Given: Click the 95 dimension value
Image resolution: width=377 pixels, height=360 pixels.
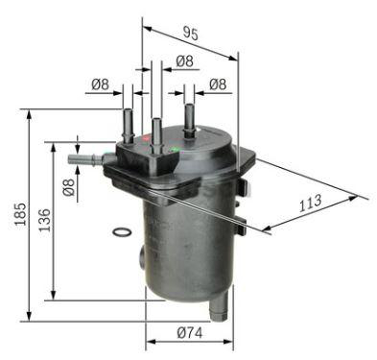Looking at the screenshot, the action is tap(191, 34).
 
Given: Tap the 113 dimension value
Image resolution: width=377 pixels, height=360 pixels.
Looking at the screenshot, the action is tap(310, 203).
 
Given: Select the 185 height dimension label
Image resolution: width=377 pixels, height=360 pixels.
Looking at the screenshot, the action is tap(20, 214).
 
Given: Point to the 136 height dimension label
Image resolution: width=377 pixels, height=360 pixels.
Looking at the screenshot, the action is tap(44, 220).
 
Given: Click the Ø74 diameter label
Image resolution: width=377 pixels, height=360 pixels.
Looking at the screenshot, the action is tap(190, 333).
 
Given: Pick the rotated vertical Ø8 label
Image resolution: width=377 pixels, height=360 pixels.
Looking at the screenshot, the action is tap(69, 187).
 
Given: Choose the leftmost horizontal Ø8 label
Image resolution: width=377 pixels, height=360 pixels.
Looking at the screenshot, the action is tap(100, 84).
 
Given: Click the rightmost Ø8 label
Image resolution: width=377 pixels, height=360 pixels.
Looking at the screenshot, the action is tap(218, 84).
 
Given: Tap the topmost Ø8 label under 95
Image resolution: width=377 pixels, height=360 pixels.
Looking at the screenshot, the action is tap(185, 61).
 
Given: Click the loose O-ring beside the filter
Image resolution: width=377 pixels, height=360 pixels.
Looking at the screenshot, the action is tap(122, 228).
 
